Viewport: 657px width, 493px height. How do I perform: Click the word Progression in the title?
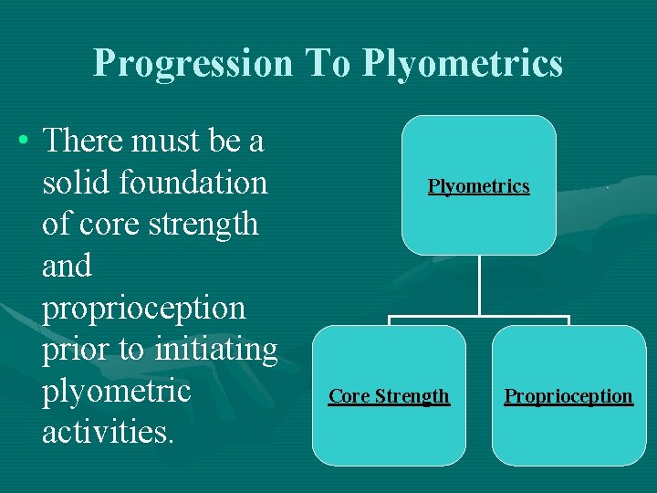193,63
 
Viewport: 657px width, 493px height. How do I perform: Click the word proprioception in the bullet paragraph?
144,309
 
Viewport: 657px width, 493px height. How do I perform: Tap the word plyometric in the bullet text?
116,391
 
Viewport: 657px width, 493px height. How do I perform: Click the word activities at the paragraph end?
108,432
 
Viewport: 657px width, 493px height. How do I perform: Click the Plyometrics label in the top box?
479,186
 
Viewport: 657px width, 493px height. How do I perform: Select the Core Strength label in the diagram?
389,396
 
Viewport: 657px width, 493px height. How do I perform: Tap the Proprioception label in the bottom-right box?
568,396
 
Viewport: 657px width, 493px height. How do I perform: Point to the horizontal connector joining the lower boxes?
479,318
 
